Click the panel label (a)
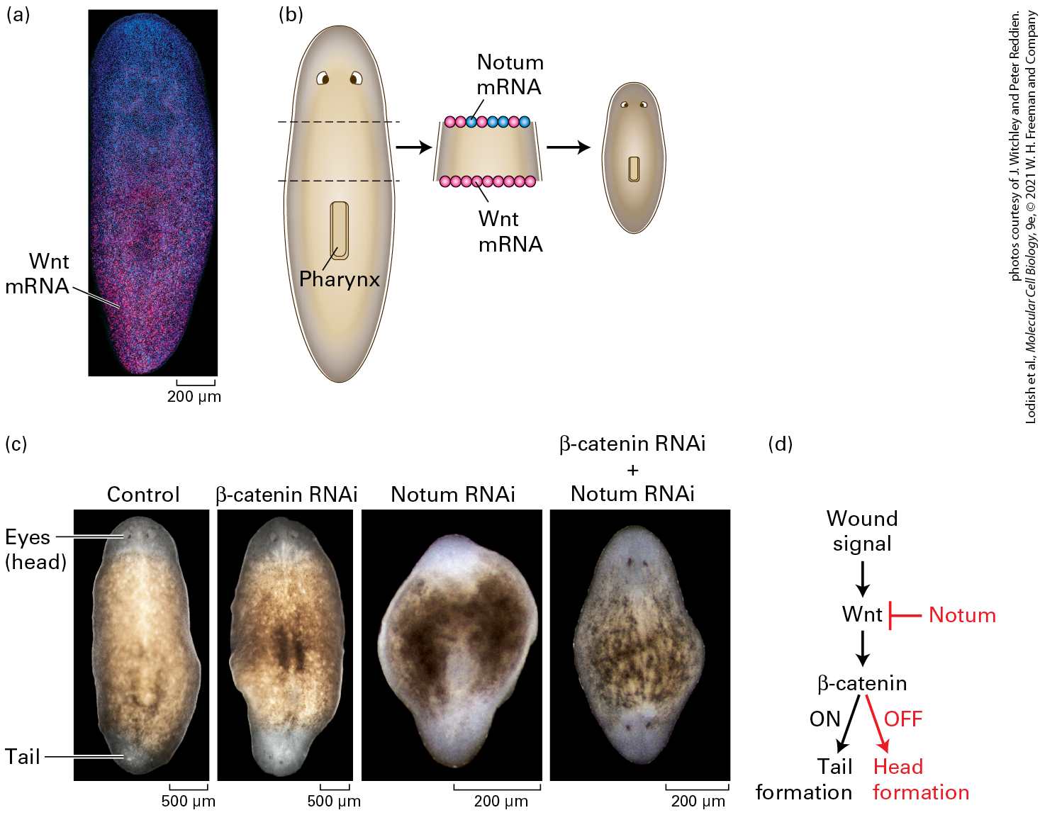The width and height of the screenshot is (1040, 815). coord(18,16)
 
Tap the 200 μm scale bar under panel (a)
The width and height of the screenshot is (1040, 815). coord(196,382)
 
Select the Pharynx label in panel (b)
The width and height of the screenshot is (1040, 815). coord(340,279)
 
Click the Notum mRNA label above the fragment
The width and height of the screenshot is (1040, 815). coord(510,74)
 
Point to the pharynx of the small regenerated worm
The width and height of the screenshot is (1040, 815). coord(634,169)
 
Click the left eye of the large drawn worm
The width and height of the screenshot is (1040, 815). coord(323,78)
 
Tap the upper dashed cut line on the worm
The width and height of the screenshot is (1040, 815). coord(339,122)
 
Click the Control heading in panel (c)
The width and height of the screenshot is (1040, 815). coord(143,495)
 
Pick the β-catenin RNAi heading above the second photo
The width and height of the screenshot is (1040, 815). coord(286,495)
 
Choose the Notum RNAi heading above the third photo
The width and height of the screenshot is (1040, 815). coord(453,495)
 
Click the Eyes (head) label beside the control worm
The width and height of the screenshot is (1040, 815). coord(35,549)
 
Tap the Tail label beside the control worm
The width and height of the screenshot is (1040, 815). coord(23,757)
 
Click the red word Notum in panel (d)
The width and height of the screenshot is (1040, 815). coord(962,615)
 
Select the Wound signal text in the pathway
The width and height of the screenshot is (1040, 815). coord(862,532)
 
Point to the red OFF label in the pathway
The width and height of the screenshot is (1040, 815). coord(903,719)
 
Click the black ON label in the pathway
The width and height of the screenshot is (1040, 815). coord(825,719)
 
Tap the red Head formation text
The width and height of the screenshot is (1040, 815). coord(921,780)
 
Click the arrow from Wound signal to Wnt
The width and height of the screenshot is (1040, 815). coord(863,579)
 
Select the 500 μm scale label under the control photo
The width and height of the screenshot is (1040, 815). coord(188,801)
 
